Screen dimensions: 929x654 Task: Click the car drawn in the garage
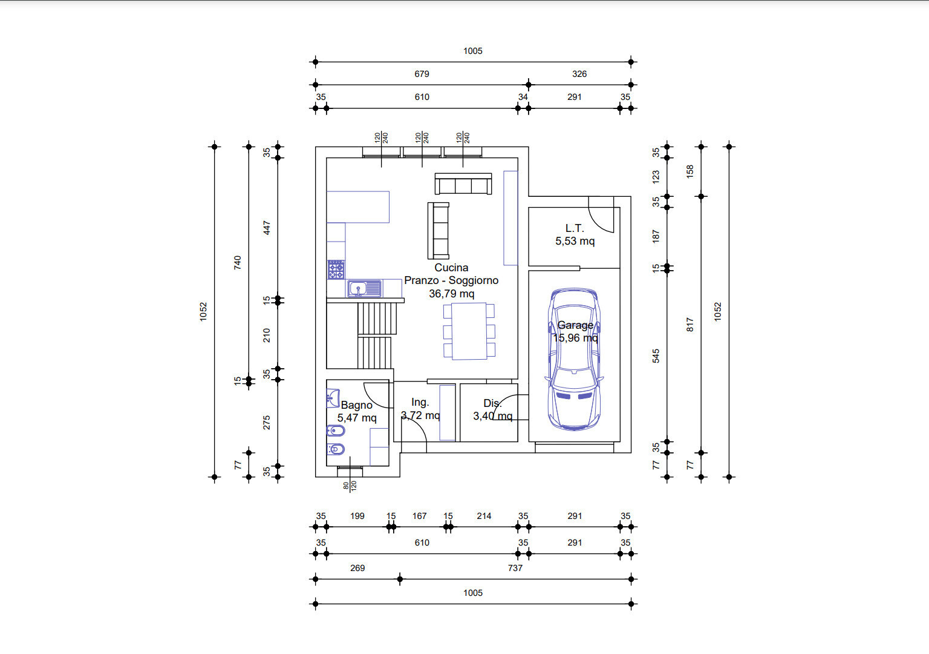click(575, 359)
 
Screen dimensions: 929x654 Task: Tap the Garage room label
click(575, 325)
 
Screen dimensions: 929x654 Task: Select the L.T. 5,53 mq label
click(575, 234)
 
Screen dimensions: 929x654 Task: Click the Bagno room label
click(357, 405)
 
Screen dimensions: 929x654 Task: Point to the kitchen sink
click(365, 289)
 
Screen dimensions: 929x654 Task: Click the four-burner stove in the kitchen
click(336, 270)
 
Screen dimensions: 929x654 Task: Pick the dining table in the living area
click(469, 331)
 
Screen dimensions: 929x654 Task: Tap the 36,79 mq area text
click(452, 294)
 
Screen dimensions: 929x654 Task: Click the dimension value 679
click(422, 74)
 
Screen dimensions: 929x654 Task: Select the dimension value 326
click(579, 74)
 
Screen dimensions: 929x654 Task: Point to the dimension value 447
click(267, 228)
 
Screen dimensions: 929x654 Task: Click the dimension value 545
click(656, 356)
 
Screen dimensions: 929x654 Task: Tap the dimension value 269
click(357, 567)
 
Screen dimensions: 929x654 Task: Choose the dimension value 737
click(515, 567)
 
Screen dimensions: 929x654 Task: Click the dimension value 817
click(689, 325)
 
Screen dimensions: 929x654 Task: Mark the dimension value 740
click(237, 262)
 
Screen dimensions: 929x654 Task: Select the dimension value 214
click(484, 516)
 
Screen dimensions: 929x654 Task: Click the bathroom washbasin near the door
click(333, 398)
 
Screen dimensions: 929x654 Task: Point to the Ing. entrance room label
click(420, 402)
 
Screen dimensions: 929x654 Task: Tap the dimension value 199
click(357, 516)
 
